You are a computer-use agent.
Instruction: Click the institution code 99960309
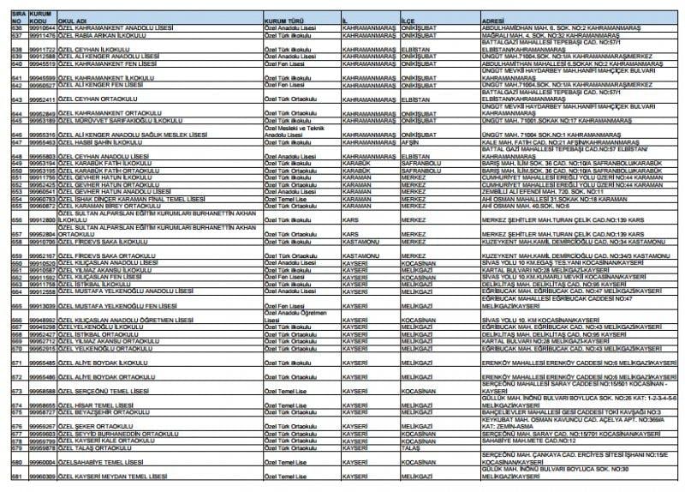click(x=39, y=474)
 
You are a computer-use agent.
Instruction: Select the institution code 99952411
click(x=39, y=99)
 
